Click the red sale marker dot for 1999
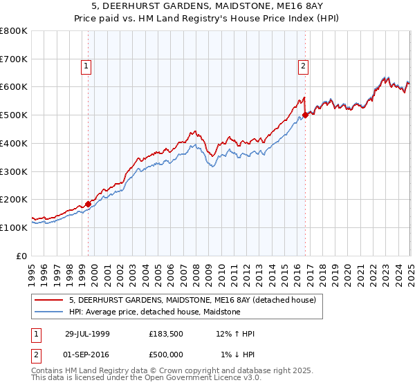[89, 204]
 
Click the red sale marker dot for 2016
[305, 115]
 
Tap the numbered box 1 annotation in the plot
[86, 66]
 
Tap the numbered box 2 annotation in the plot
[303, 66]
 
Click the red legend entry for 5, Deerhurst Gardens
[192, 300]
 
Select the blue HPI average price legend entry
[154, 312]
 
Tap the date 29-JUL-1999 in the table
[87, 334]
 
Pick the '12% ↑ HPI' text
[235, 334]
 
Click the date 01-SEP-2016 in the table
[87, 355]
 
